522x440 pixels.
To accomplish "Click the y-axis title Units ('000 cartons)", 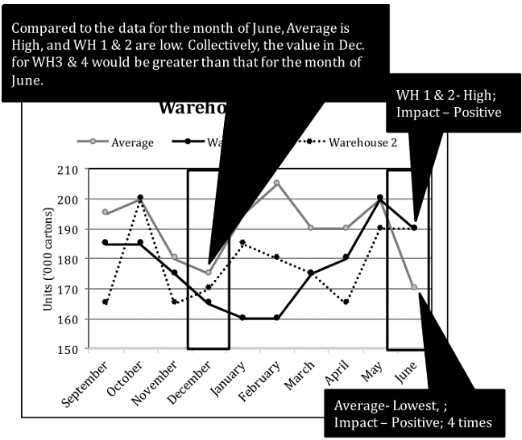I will click(53, 260).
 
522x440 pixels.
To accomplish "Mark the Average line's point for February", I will click(276, 183).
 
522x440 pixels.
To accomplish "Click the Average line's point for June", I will click(415, 287).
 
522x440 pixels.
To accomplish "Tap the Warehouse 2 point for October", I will click(140, 198).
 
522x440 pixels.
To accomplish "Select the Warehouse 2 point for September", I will click(106, 302).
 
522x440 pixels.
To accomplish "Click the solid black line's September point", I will click(106, 242).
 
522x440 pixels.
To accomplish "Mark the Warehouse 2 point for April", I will click(346, 302).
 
